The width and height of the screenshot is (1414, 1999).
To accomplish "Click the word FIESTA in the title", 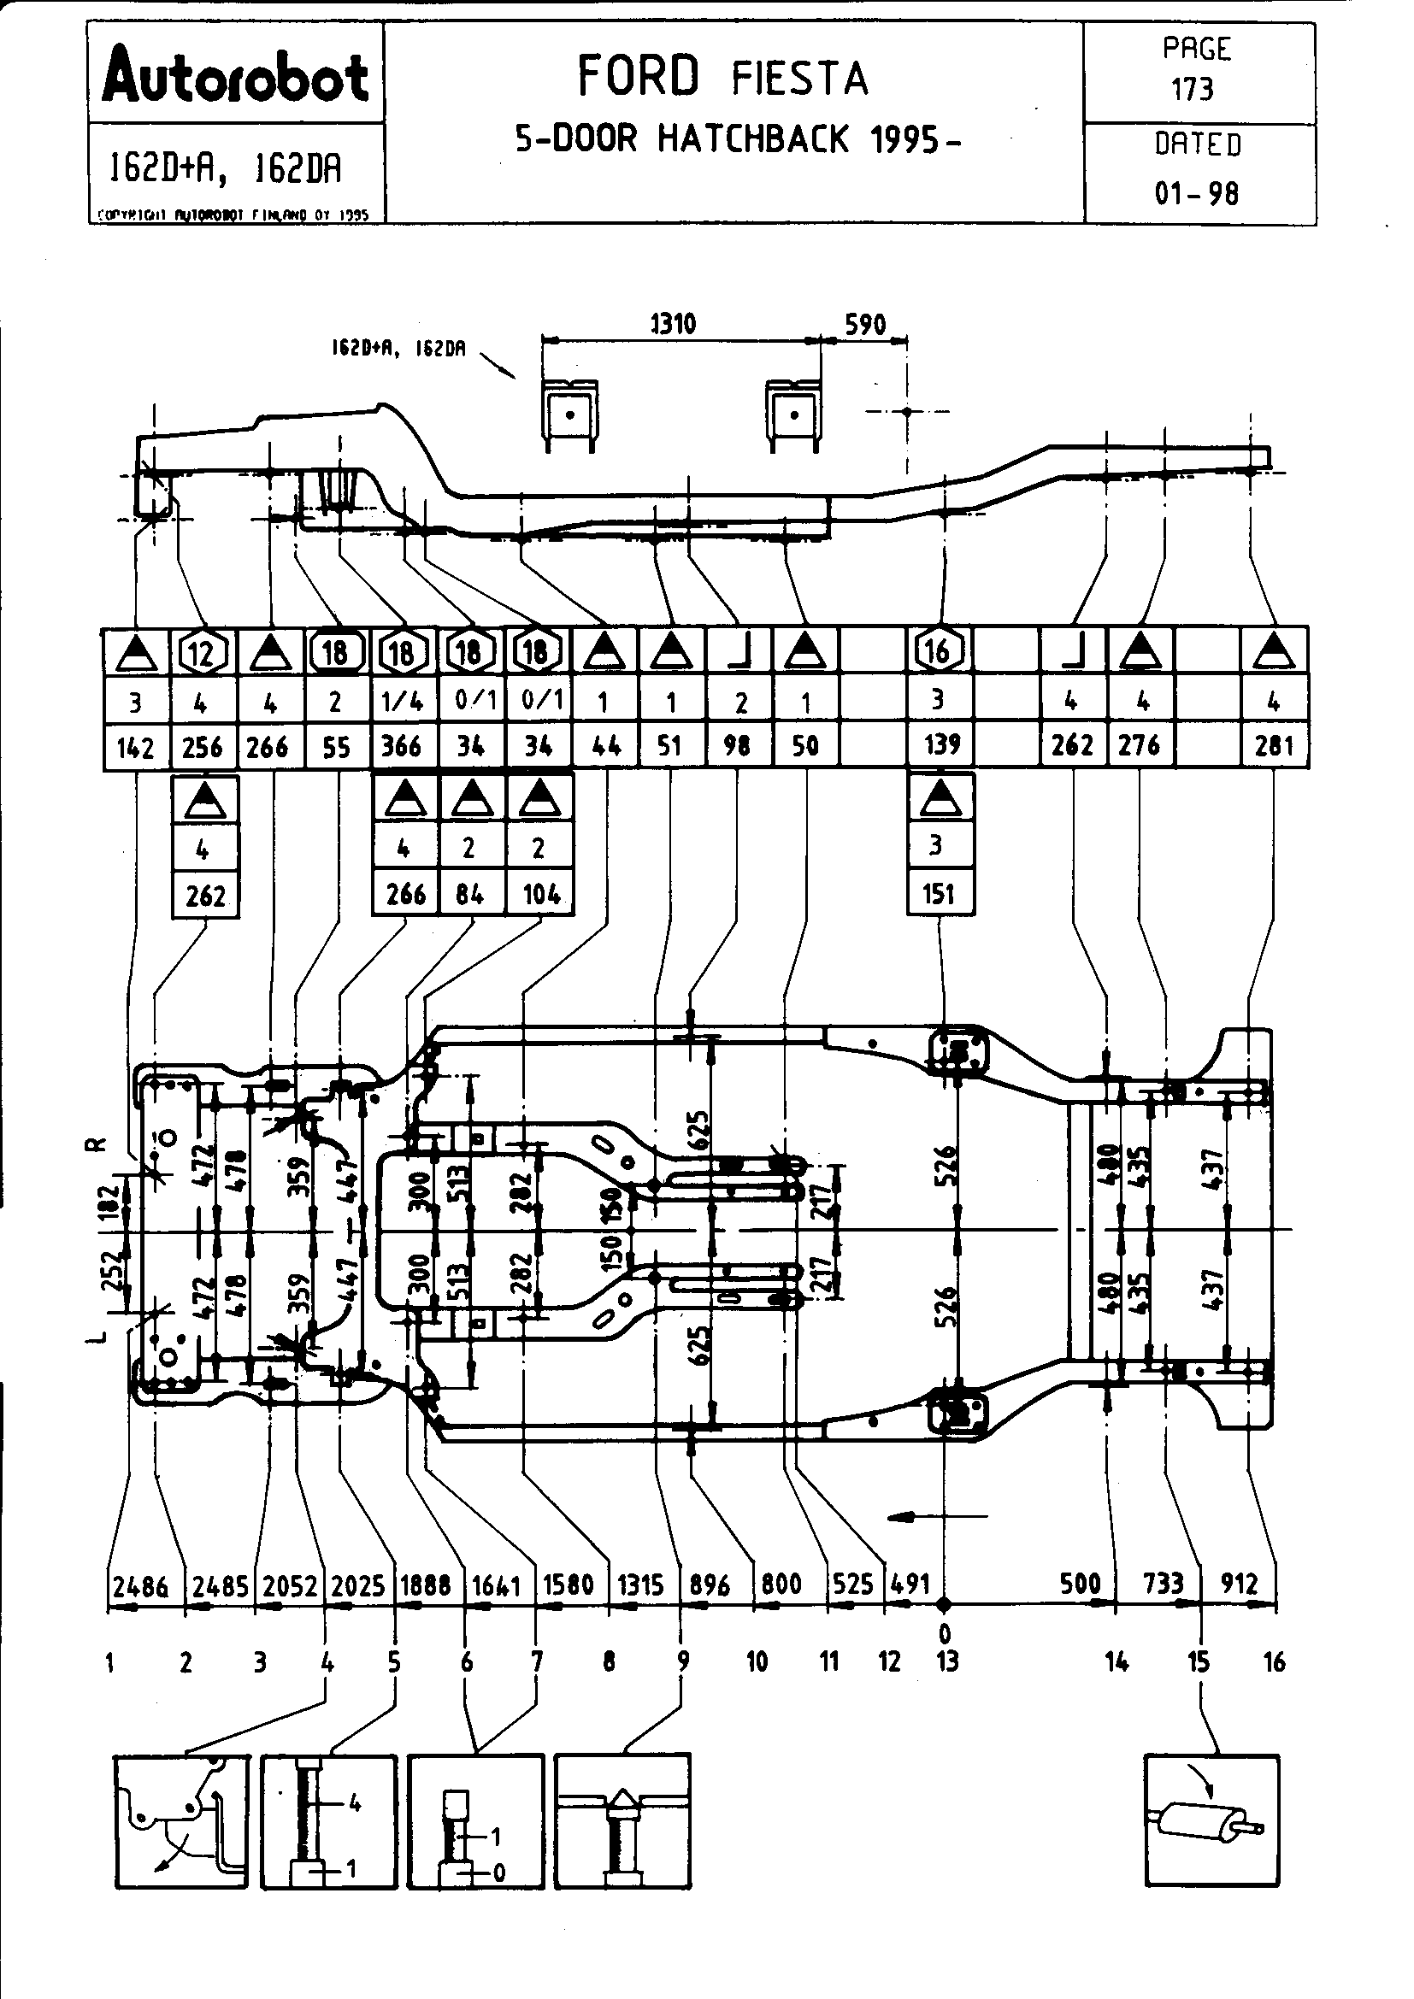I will [799, 79].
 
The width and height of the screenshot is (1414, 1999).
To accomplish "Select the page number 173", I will [1193, 89].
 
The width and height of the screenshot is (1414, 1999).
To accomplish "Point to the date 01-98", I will [1196, 193].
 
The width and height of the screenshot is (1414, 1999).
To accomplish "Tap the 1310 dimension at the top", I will [673, 325].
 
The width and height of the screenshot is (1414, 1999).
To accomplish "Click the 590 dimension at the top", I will [864, 325].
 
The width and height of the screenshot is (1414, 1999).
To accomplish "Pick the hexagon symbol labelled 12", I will [203, 651].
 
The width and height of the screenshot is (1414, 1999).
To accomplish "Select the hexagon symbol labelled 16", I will [939, 650].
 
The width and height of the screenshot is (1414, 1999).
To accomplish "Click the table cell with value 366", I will [403, 746].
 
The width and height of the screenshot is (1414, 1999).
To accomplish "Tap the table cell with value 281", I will [1274, 746].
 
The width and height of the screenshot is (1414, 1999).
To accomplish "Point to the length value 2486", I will [141, 1586].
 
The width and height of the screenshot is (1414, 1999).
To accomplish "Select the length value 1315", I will [642, 1585].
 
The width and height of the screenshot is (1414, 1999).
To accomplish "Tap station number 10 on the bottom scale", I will [757, 1662].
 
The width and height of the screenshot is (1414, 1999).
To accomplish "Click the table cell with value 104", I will [539, 894].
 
